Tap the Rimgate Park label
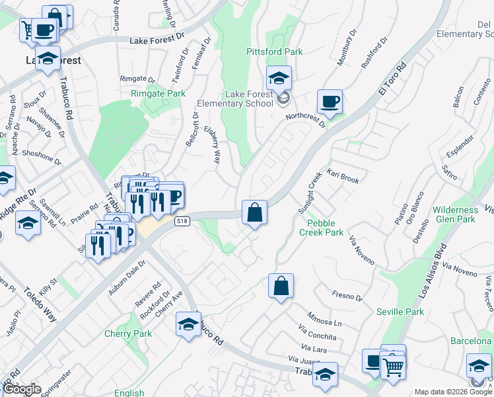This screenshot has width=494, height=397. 158,94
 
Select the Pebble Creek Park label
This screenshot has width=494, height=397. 321,228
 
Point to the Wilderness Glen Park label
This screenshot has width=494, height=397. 454,214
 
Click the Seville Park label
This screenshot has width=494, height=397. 400,312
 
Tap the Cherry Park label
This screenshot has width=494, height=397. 128,333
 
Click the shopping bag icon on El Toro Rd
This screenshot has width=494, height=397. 254,213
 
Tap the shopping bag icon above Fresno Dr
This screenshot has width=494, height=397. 281,287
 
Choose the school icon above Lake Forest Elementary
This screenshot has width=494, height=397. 279,79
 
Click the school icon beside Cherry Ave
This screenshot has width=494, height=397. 188,325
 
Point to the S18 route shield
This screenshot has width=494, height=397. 183,222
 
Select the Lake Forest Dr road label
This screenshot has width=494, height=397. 155,41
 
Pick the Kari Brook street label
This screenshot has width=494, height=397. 342,179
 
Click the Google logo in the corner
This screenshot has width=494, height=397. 22,390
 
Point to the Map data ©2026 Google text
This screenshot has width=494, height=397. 452,392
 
